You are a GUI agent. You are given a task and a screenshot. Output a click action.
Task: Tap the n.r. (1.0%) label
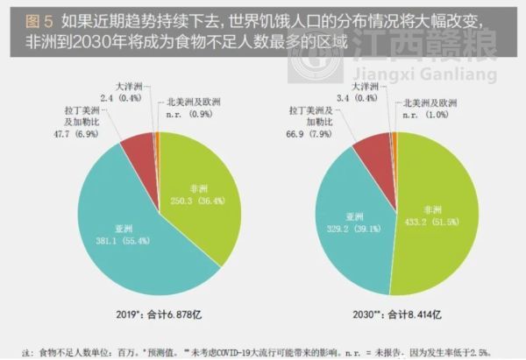[x=427, y=115]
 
